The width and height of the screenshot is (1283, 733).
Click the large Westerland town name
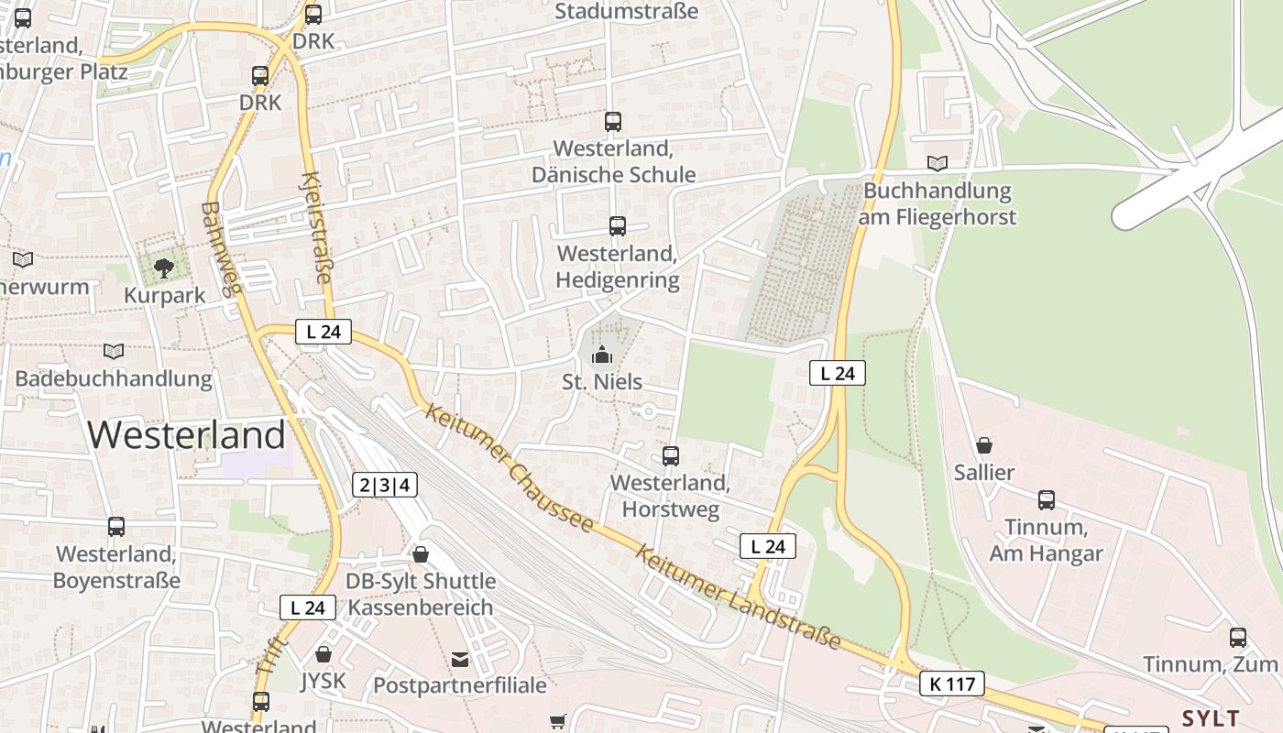[x=187, y=434]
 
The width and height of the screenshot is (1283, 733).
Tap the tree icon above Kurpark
[x=164, y=268]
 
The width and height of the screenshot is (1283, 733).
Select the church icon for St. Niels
[x=602, y=355]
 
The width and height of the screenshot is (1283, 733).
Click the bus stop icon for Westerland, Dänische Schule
[x=613, y=121]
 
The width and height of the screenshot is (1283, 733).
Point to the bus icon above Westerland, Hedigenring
[x=618, y=226]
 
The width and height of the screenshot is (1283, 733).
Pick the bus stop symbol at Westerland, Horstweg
[x=671, y=455]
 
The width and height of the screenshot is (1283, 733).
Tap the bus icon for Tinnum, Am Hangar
[x=1046, y=500]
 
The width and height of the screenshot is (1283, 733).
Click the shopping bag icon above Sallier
[x=984, y=445]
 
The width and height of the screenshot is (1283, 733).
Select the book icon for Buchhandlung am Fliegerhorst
[x=937, y=164]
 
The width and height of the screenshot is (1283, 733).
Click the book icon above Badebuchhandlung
[x=114, y=352]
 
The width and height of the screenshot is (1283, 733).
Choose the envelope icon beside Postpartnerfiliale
[x=460, y=659]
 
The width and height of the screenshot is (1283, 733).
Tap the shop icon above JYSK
[x=323, y=654]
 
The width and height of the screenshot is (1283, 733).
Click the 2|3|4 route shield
[x=385, y=486]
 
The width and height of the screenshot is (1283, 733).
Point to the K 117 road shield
[x=952, y=684]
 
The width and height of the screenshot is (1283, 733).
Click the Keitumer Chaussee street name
[x=510, y=468]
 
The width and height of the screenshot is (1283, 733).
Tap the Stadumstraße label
[x=627, y=11]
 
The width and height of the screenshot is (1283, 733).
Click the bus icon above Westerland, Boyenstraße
[x=116, y=527]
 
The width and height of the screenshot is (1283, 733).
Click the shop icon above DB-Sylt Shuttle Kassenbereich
[x=421, y=554]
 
